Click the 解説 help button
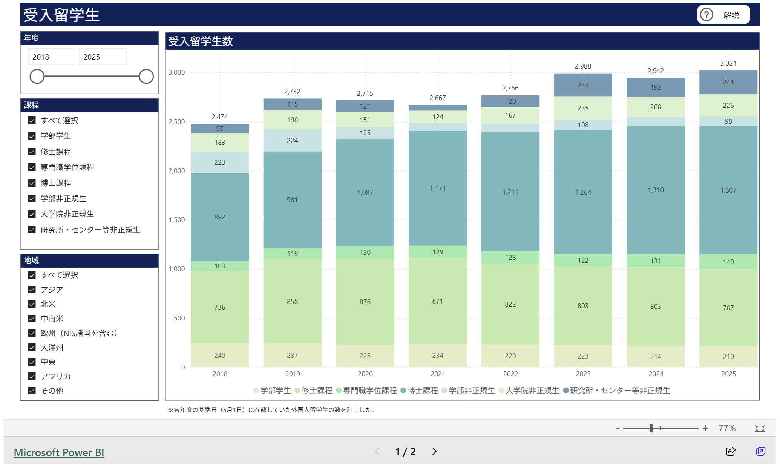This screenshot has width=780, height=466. tap(723, 15)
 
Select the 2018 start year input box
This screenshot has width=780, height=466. tap(51, 57)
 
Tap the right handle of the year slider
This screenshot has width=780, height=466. tap(146, 76)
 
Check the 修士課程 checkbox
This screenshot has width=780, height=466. tap(32, 152)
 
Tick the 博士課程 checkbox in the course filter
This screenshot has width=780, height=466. tap(32, 183)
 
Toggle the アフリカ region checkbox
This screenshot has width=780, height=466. tap(32, 376)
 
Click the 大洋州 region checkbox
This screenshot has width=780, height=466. tap(32, 347)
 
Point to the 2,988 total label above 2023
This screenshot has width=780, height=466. tap(583, 66)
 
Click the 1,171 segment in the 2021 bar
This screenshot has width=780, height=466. tap(437, 188)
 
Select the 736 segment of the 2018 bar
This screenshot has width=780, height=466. tap(219, 307)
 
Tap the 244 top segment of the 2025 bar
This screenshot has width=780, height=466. tap(728, 82)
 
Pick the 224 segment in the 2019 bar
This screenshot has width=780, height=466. tap(292, 140)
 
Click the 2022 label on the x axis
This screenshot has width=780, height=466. tap(510, 374)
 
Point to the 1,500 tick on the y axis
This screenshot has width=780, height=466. tap(176, 220)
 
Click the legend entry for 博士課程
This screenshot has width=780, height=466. tap(419, 390)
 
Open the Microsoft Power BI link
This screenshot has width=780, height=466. tap(59, 452)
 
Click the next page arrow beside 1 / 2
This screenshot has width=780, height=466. tap(434, 451)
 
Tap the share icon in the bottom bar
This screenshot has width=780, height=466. tap(731, 451)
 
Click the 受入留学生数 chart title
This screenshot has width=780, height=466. tap(201, 41)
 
